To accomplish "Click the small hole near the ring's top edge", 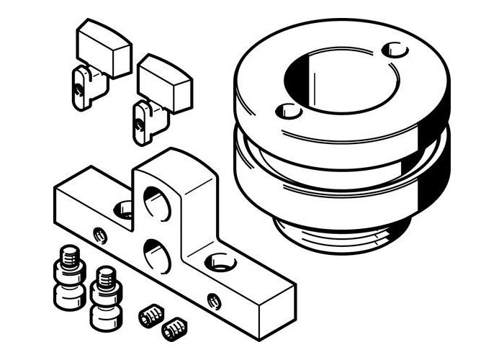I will tap(395, 51).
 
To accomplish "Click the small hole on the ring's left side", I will tap(289, 112).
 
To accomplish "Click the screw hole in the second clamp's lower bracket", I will tap(138, 124).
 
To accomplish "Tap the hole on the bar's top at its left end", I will tap(124, 210).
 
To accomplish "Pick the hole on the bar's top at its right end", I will tap(220, 262).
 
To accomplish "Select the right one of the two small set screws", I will tap(174, 330).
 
